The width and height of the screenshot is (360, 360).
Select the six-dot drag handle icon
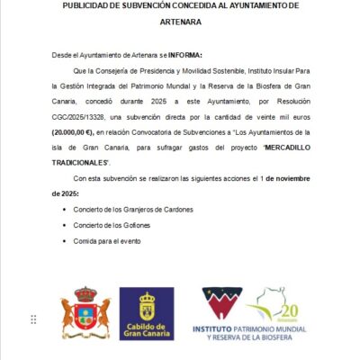pos(33,319)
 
